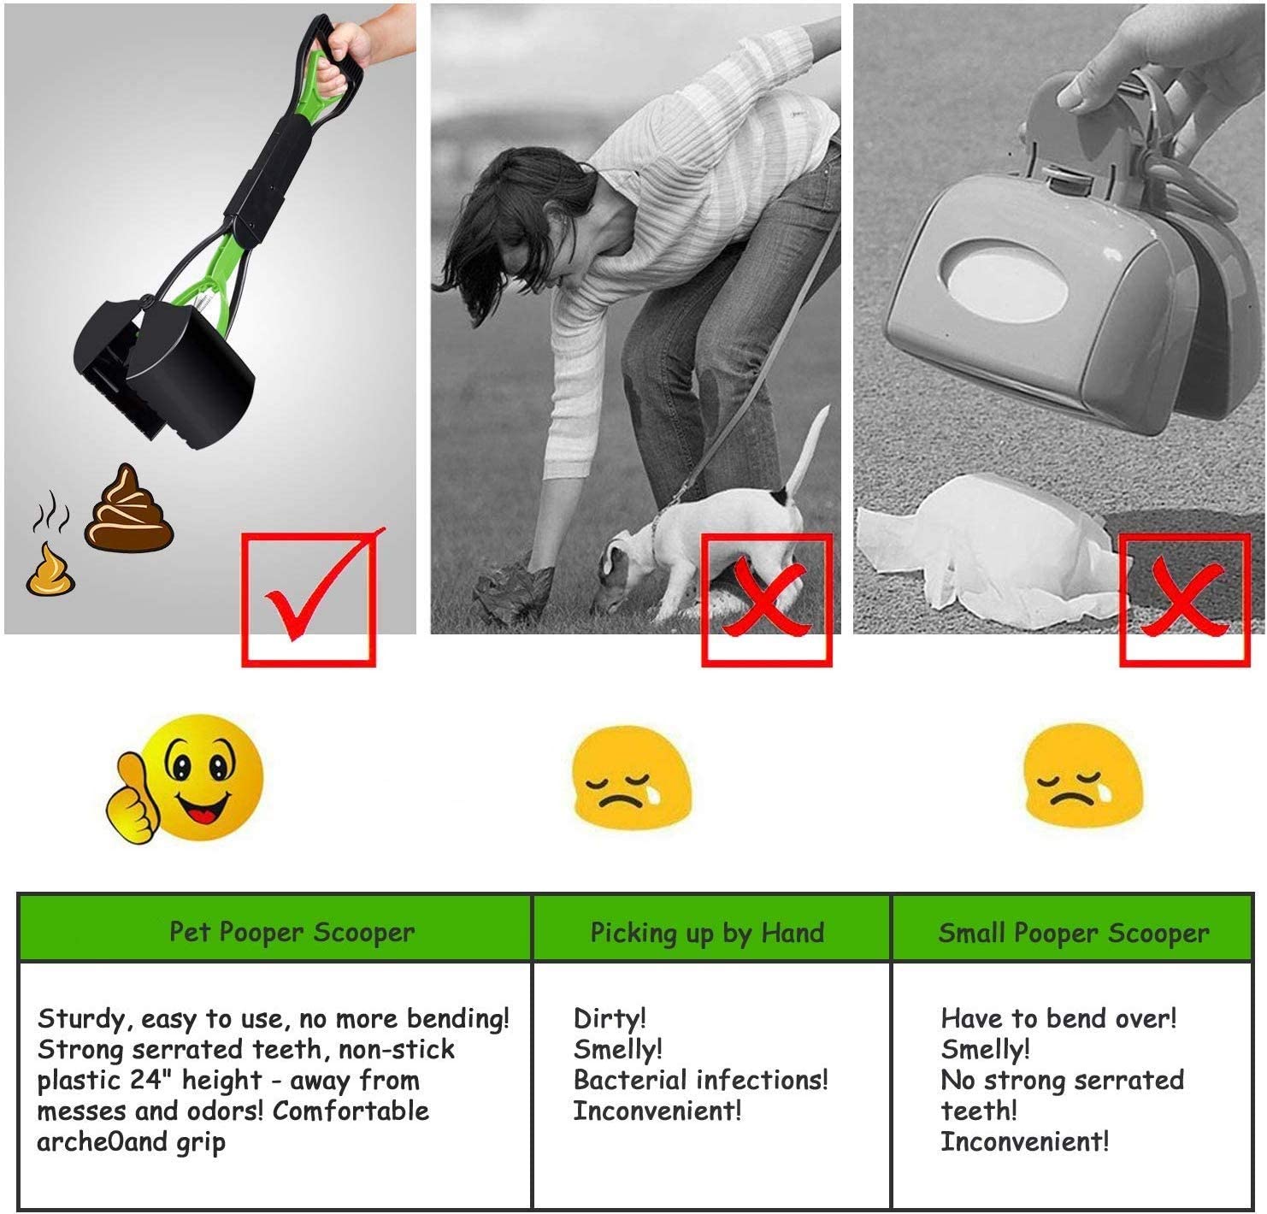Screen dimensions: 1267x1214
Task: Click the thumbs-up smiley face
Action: [x=186, y=778]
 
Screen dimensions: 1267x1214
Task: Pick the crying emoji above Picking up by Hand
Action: [x=631, y=777]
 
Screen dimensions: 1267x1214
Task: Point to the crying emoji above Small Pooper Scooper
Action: [x=1082, y=775]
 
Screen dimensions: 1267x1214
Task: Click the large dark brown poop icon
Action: [x=129, y=509]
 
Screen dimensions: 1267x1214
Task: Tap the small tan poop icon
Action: [x=50, y=569]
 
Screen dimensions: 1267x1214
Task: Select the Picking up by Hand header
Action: [x=707, y=933]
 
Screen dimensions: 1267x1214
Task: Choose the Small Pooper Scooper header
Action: [x=1073, y=933]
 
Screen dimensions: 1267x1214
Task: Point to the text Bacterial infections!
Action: [x=700, y=1080]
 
